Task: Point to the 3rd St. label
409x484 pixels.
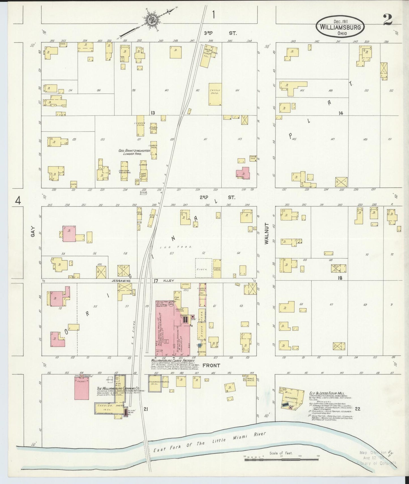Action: (220, 33)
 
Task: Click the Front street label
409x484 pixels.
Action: (211, 365)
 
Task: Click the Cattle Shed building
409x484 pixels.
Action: (215, 94)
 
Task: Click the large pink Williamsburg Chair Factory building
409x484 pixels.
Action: (170, 328)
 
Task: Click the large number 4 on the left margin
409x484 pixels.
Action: (18, 201)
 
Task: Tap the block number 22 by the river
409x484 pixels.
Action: (357, 409)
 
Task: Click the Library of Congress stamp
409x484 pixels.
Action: (376, 458)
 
